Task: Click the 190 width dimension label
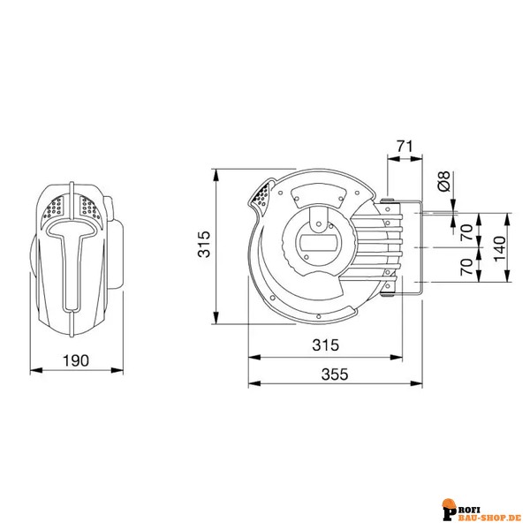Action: click(76, 360)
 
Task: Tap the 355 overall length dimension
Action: click(335, 375)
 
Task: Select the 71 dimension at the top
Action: click(405, 147)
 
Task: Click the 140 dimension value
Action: click(500, 248)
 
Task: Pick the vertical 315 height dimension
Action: click(204, 244)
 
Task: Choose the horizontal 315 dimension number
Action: click(325, 345)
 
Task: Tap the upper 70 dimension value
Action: click(467, 231)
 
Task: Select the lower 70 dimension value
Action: click(467, 267)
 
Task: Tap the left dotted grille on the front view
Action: click(54, 208)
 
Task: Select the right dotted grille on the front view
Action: click(89, 208)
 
